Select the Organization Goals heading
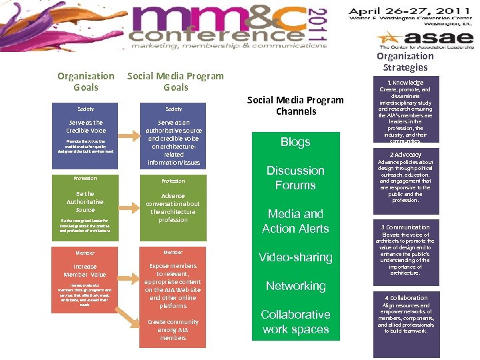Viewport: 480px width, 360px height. (85, 81)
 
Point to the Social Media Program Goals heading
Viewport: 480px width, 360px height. (175, 81)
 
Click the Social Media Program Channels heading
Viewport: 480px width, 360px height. (295, 105)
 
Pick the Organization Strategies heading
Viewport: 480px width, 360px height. (405, 61)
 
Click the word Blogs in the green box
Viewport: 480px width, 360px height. (295, 142)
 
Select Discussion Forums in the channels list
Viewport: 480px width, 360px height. (295, 178)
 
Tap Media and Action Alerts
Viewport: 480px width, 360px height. (295, 221)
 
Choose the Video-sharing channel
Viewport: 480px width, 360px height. (295, 257)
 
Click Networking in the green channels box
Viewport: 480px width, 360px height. (295, 286)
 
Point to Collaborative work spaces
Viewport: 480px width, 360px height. (295, 322)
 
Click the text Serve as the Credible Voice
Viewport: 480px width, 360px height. (85, 127)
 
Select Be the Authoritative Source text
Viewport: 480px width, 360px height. (85, 202)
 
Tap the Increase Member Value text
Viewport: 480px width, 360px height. (85, 271)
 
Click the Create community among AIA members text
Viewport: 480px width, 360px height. (173, 330)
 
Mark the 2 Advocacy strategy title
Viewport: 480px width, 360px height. (405, 155)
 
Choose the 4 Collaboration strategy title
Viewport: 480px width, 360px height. (405, 298)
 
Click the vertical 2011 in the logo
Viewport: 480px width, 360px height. (319, 27)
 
